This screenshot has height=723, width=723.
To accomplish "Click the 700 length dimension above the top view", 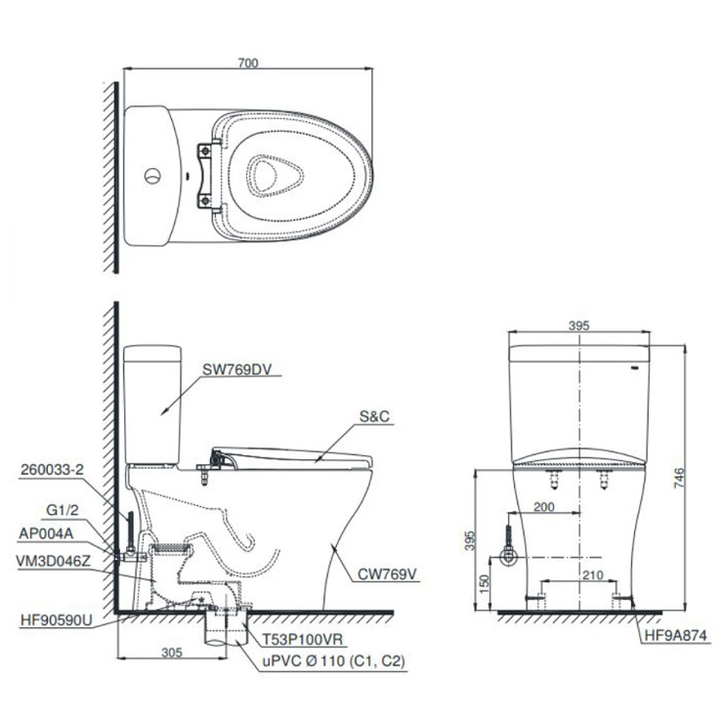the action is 248,63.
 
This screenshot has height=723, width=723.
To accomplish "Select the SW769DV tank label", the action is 237,369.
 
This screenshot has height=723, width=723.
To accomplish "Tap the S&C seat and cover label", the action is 374,416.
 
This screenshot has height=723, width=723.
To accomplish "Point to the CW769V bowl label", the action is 387,574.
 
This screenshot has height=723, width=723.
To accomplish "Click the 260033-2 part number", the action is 53,469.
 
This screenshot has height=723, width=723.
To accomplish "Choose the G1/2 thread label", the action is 63,510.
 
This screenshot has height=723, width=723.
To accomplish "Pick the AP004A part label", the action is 46,533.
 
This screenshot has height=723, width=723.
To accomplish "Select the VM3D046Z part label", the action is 54,561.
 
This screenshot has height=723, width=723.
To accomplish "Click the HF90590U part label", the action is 57,620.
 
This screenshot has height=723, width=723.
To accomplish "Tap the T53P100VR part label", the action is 303,640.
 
